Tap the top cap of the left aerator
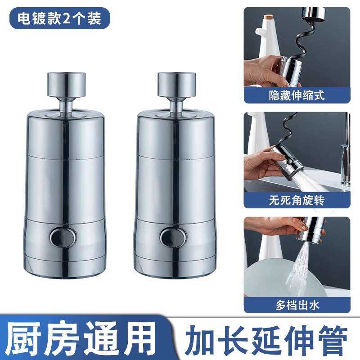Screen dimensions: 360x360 click(66, 85)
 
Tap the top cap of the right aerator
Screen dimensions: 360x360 click(176, 85)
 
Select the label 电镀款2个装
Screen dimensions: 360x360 click(59, 18)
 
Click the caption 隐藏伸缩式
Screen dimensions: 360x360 click(297, 95)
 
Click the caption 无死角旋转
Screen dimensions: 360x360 click(297, 200)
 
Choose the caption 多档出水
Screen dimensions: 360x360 click(297, 305)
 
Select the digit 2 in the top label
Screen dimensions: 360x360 click(66, 18)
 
